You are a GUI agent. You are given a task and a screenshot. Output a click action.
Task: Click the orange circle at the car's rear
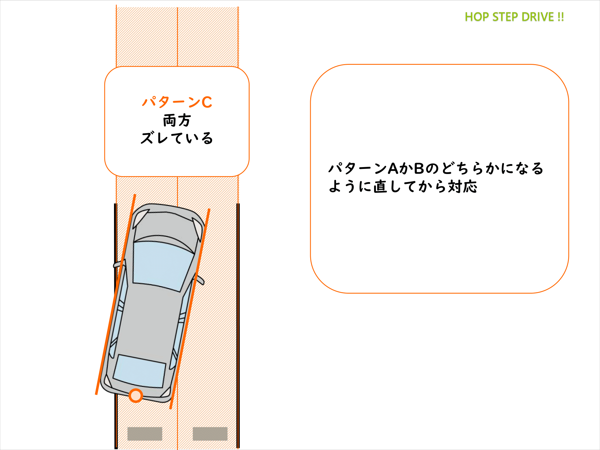pyautogui.click(x=136, y=395)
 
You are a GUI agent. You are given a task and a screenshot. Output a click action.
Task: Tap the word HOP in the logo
pyautogui.click(x=477, y=17)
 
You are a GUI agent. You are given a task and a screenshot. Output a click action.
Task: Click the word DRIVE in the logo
pyautogui.click(x=538, y=17)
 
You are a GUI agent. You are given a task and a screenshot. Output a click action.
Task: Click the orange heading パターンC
pyautogui.click(x=177, y=102)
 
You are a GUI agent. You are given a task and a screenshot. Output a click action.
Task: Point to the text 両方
pyautogui.click(x=177, y=120)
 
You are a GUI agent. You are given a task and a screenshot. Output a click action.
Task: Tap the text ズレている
pyautogui.click(x=177, y=138)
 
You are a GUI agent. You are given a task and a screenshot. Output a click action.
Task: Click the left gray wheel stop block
pyautogui.click(x=145, y=434)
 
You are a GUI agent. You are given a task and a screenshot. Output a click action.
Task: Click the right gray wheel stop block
pyautogui.click(x=210, y=434)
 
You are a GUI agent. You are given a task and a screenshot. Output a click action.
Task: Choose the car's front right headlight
pyautogui.click(x=197, y=229)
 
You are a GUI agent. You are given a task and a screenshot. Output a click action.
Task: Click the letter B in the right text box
pyautogui.click(x=419, y=169)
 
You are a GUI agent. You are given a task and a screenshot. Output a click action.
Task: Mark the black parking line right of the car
pyautogui.click(x=238, y=325)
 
